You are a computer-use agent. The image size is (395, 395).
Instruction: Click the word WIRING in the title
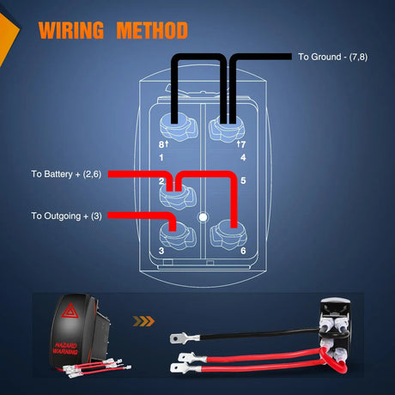[73, 31]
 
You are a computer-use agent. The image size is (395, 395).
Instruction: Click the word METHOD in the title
[151, 31]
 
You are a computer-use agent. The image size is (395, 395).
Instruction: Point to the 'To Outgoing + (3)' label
[66, 216]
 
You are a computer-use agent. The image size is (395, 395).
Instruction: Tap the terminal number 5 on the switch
[244, 181]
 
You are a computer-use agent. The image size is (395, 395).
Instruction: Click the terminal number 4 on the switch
[244, 156]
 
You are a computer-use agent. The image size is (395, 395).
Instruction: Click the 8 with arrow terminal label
[161, 144]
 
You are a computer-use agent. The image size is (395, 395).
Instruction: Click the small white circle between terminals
[203, 217]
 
